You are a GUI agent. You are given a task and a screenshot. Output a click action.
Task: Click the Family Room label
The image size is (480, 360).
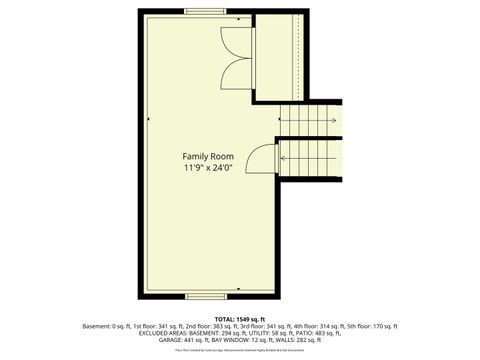coord(208,156)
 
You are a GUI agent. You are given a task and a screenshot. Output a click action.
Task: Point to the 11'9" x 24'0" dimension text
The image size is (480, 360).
coord(208,168)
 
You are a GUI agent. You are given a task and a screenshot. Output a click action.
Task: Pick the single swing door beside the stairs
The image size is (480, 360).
coord(263,160)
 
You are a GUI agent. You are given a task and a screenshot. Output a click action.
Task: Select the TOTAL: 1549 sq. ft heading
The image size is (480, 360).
coord(240,319)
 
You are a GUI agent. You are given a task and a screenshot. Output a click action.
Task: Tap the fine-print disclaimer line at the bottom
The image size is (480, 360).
coord(240,352)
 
